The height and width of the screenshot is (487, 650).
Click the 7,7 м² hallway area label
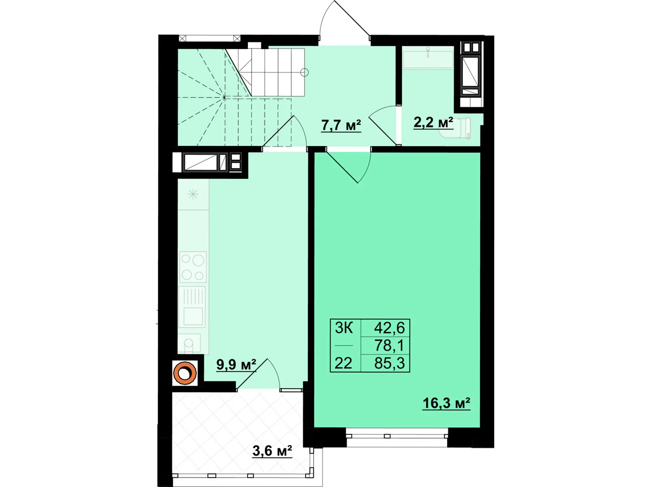click(341, 125)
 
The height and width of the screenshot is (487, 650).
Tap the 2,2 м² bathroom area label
click(433, 122)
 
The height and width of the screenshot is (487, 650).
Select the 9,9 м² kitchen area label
click(236, 364)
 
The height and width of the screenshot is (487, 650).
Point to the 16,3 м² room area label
click(446, 403)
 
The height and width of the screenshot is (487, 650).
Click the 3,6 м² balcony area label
click(272, 450)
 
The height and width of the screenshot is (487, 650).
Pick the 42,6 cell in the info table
click(389, 328)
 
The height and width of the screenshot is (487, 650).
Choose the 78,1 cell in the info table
click(389, 345)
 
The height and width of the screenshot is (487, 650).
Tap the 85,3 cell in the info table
click(389, 363)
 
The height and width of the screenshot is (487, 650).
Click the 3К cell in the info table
click(344, 328)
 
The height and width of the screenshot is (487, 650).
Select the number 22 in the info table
click(343, 363)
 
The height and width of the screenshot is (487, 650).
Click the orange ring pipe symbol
click(185, 373)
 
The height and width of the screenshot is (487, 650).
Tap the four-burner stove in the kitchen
click(193, 267)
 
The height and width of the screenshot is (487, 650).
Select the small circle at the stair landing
click(304, 73)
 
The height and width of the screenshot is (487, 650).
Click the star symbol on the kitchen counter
click(193, 194)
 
